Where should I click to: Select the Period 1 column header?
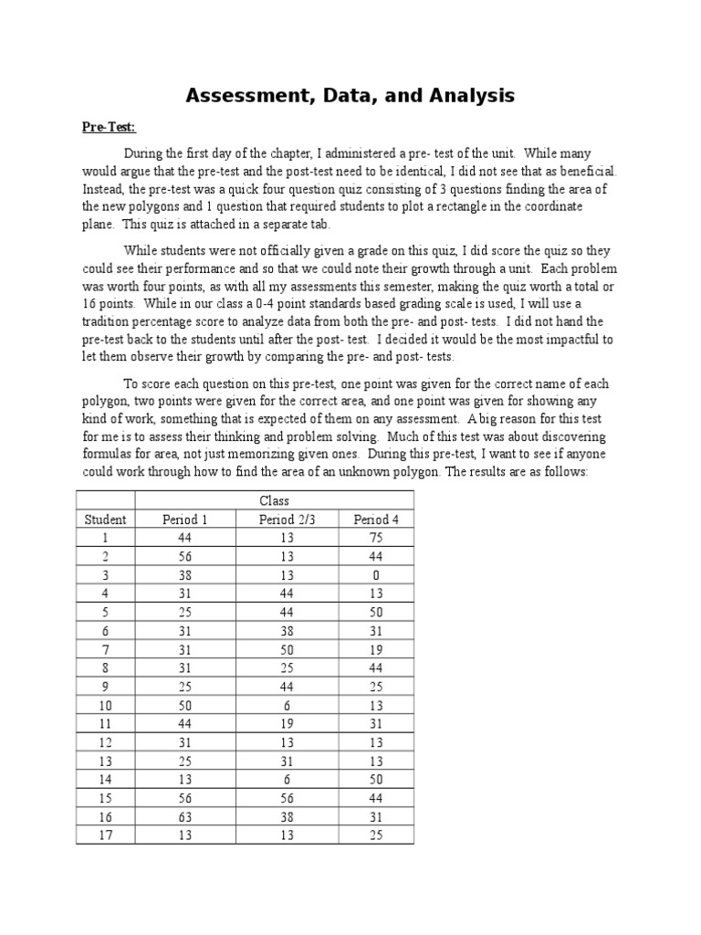point(185,520)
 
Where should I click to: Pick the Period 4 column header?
point(377,520)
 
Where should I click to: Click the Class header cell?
point(274,500)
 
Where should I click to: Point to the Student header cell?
point(106,520)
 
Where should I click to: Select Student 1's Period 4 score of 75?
point(377,538)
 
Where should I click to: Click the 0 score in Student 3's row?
point(377,575)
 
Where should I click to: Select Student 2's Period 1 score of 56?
point(185,557)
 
